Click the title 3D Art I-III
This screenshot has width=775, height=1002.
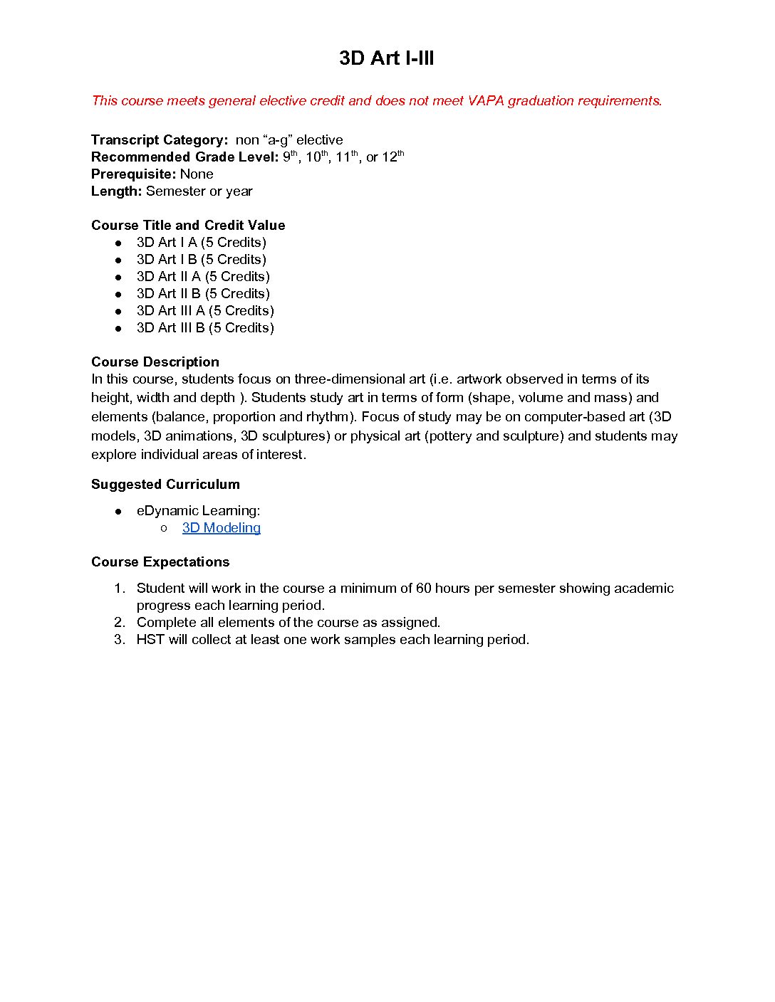386,58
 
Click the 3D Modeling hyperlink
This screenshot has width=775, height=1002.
221,528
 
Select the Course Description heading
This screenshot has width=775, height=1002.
155,362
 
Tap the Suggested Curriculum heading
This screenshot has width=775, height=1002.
165,485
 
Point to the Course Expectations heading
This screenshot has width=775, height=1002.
160,562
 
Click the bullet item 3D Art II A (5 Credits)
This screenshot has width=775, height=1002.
203,277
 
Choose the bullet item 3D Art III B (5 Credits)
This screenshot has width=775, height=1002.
205,328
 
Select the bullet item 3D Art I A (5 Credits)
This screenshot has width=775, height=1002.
201,243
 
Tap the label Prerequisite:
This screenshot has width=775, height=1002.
133,174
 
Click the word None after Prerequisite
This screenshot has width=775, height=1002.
197,174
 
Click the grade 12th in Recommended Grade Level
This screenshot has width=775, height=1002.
392,157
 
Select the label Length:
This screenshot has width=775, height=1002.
117,191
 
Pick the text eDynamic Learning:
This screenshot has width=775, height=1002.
198,511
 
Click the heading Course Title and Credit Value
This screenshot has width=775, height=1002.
188,226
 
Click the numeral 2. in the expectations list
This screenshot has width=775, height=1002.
120,623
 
